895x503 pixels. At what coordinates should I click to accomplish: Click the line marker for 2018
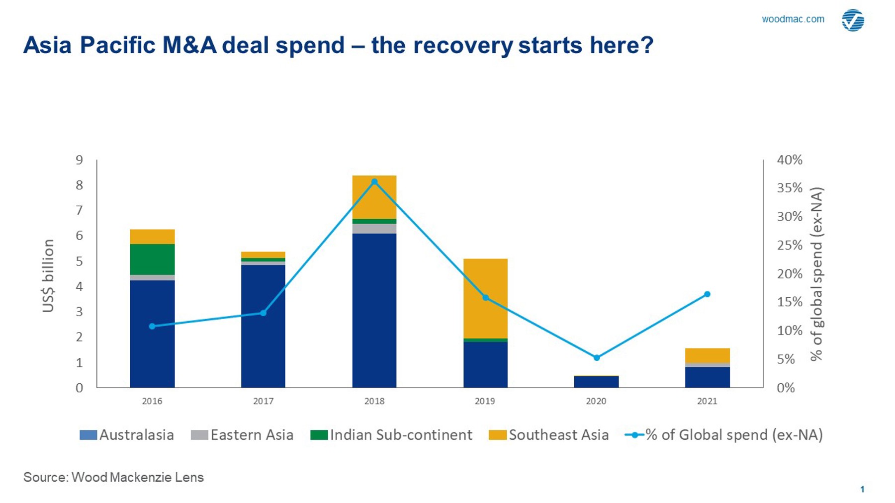[374, 182]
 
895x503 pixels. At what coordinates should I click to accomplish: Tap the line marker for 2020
[597, 357]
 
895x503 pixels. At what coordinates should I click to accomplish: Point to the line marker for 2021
[707, 294]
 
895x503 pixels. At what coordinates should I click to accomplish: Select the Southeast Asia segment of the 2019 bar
[485, 298]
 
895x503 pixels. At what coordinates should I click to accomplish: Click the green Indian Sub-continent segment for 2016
[152, 259]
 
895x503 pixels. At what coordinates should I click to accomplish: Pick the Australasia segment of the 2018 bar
[374, 310]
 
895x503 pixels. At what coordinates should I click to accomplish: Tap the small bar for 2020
[596, 382]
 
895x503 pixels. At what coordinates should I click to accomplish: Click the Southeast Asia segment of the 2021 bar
[707, 356]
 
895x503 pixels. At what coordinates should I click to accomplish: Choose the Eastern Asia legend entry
[242, 435]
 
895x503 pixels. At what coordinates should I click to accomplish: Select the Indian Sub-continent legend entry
[391, 435]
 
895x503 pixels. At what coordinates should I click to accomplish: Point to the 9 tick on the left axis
[80, 160]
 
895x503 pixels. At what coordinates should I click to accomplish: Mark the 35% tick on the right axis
[790, 188]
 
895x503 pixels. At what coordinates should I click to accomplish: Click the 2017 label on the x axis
[263, 401]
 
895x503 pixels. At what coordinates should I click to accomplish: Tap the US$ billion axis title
[48, 276]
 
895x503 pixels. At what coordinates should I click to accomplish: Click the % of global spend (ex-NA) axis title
[816, 274]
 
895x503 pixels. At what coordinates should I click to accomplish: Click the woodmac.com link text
[793, 19]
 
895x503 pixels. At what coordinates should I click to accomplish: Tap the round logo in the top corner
[853, 20]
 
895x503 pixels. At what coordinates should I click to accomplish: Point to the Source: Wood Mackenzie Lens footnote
[113, 477]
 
